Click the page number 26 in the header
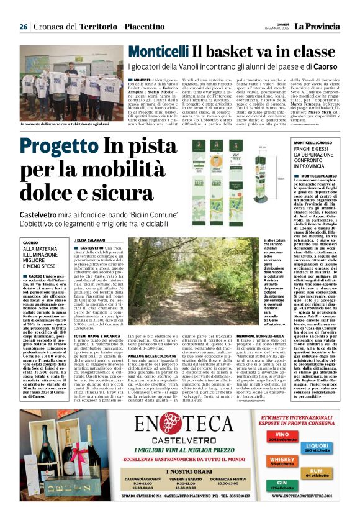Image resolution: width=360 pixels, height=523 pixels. click(23, 27)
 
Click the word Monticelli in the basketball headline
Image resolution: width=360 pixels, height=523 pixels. click(141, 52)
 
